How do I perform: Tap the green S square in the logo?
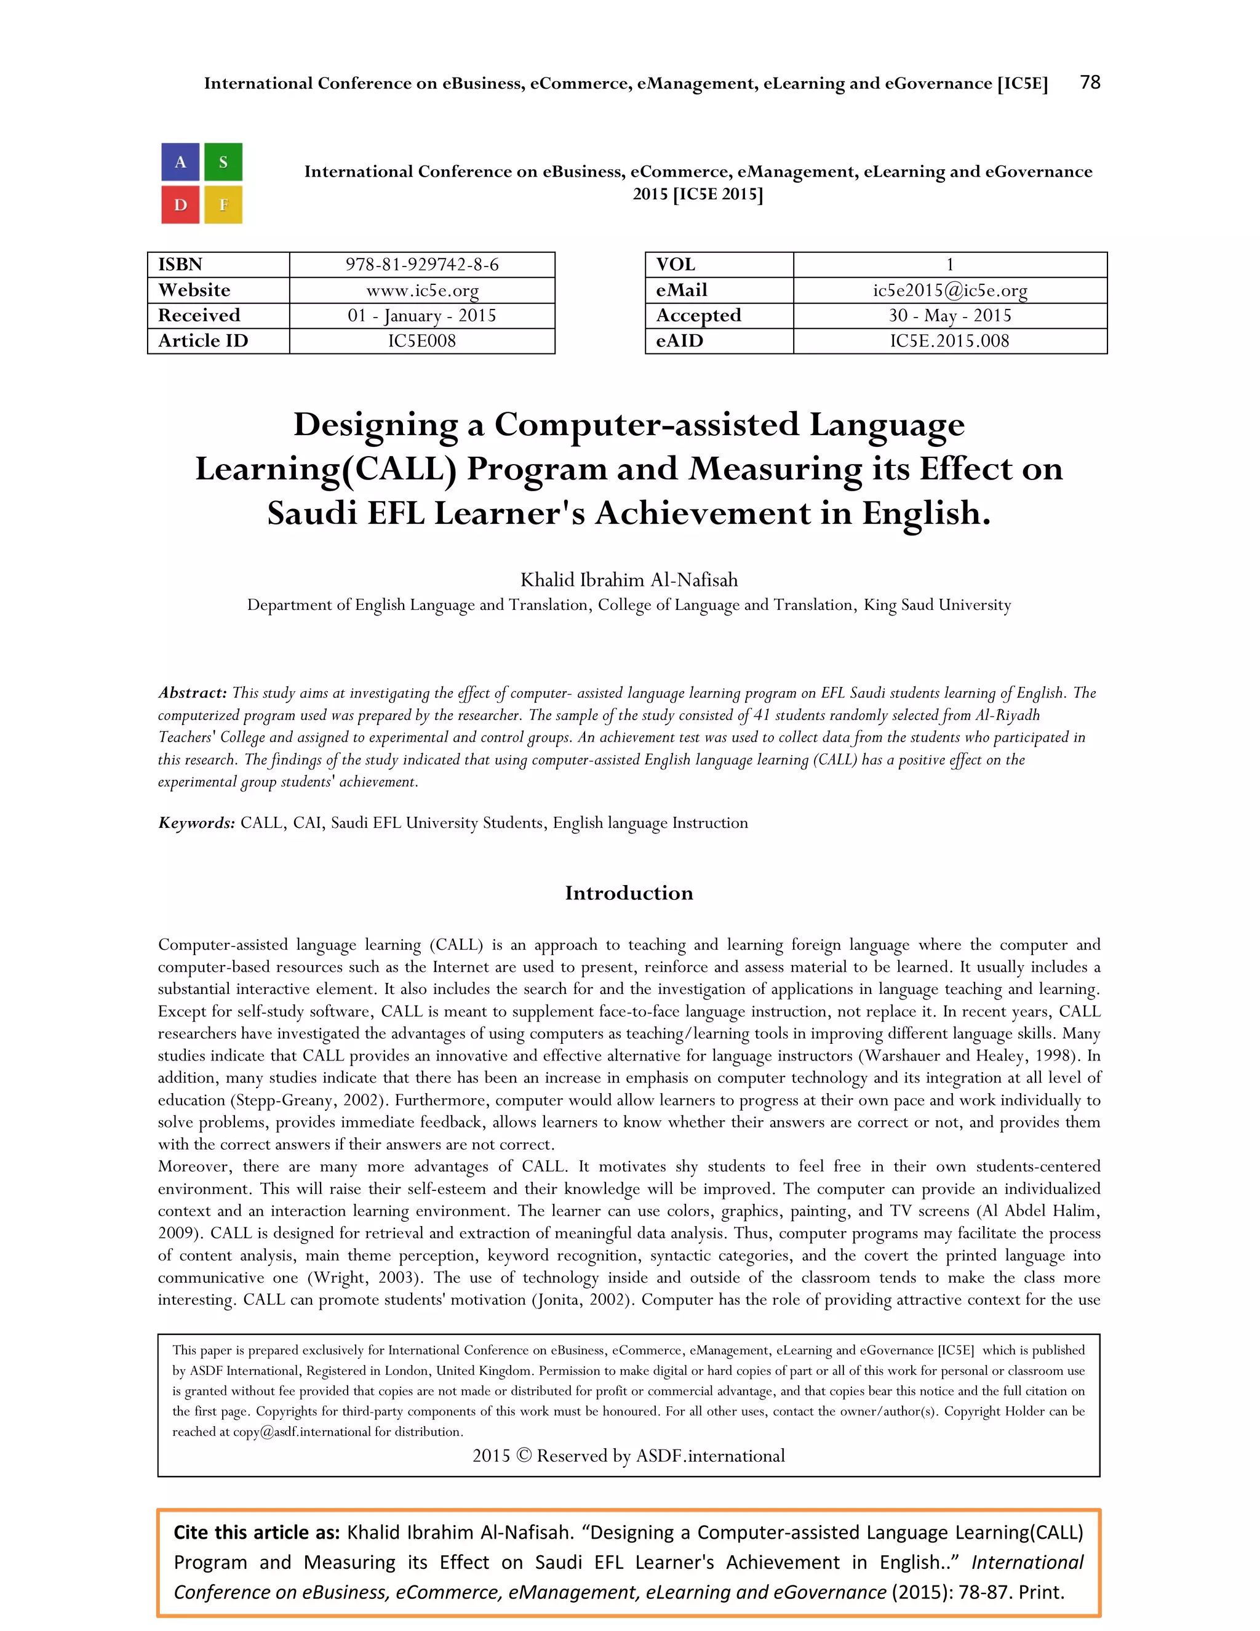pyautogui.click(x=223, y=162)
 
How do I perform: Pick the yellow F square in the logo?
pyautogui.click(x=223, y=204)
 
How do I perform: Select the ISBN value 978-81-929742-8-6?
pyautogui.click(x=421, y=265)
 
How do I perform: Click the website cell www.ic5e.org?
pyautogui.click(x=421, y=290)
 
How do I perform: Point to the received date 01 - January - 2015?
pyautogui.click(x=421, y=315)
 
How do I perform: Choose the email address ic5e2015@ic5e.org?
pyautogui.click(x=949, y=290)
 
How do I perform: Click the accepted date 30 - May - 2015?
pyautogui.click(x=949, y=315)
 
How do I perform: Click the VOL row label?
pyautogui.click(x=676, y=265)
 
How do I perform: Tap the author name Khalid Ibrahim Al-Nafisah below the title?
pyautogui.click(x=629, y=580)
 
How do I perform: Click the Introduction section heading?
pyautogui.click(x=629, y=892)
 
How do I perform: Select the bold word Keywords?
pyautogui.click(x=196, y=822)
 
